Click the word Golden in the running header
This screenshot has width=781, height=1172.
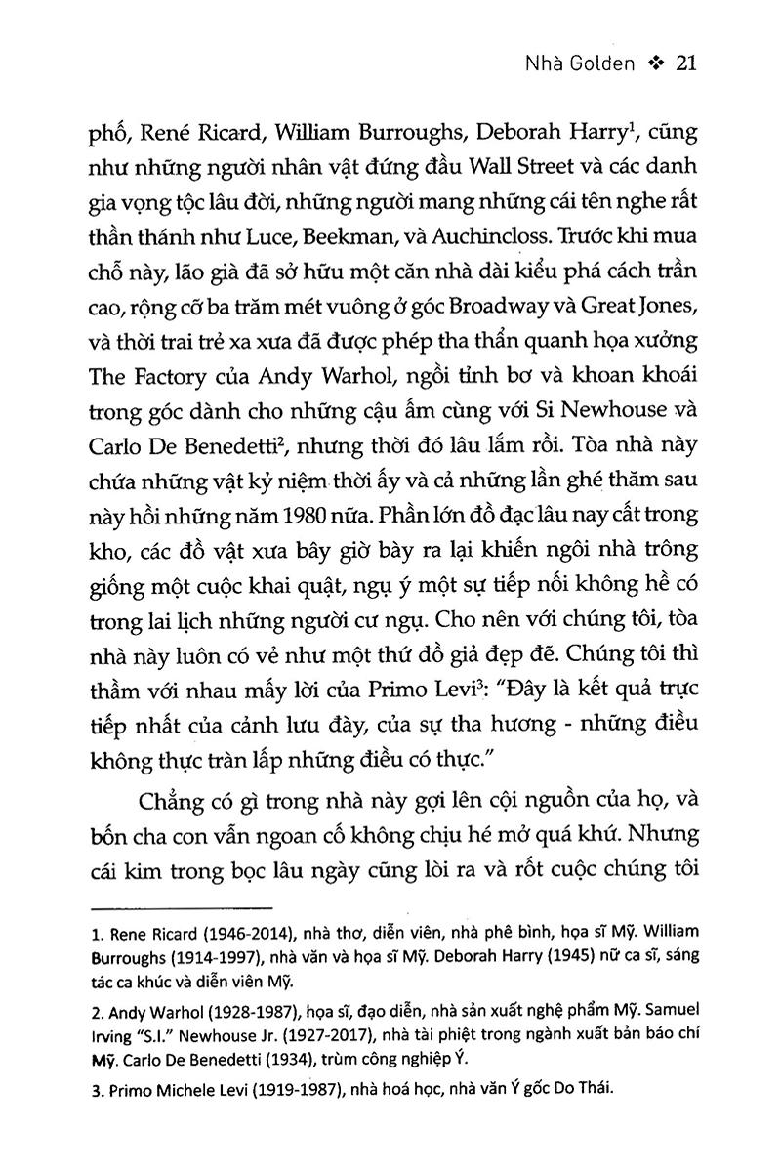[603, 63]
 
